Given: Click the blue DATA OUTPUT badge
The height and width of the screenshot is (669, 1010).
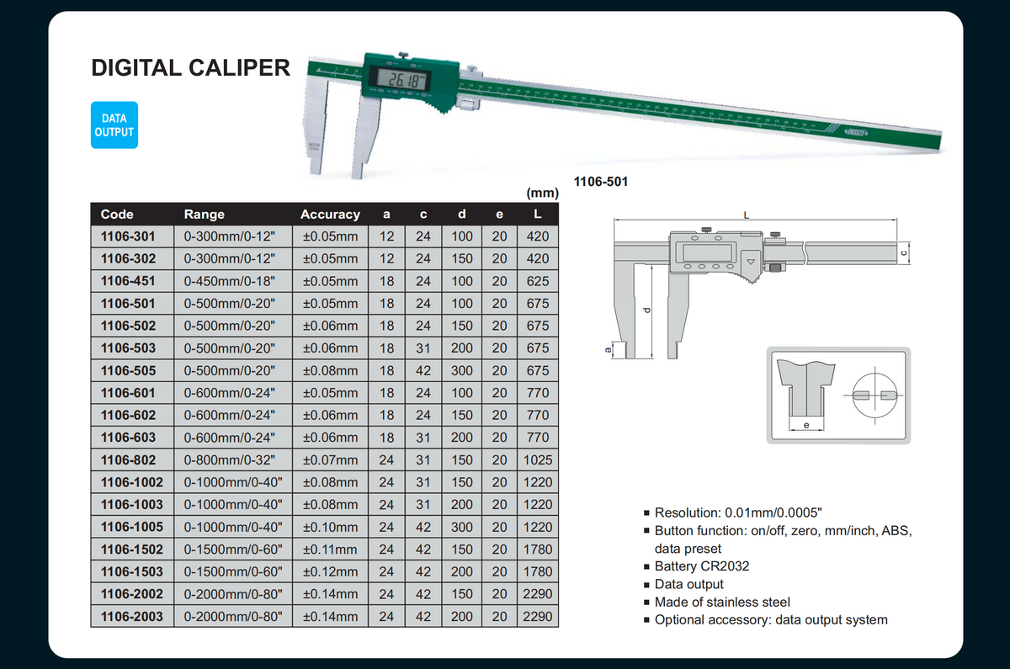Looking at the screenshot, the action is pyautogui.click(x=114, y=125).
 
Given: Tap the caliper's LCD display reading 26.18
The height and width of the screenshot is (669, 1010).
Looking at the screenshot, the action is pyautogui.click(x=402, y=80).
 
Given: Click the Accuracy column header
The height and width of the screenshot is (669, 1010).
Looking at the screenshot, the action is pyautogui.click(x=330, y=214).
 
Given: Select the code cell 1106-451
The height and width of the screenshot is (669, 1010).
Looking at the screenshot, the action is pyautogui.click(x=128, y=281).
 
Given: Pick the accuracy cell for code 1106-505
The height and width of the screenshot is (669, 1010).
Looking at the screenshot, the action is pyautogui.click(x=330, y=370).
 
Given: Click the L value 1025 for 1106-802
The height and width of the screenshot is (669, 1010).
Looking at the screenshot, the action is pyautogui.click(x=538, y=459).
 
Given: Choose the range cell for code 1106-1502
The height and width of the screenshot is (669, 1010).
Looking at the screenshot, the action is pyautogui.click(x=232, y=549).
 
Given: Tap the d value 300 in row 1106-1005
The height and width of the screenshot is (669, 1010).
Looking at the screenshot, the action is pyautogui.click(x=462, y=527).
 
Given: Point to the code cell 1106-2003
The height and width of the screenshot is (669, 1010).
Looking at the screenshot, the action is pyautogui.click(x=131, y=616).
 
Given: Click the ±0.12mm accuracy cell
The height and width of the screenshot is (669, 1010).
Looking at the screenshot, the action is pyautogui.click(x=330, y=571).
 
